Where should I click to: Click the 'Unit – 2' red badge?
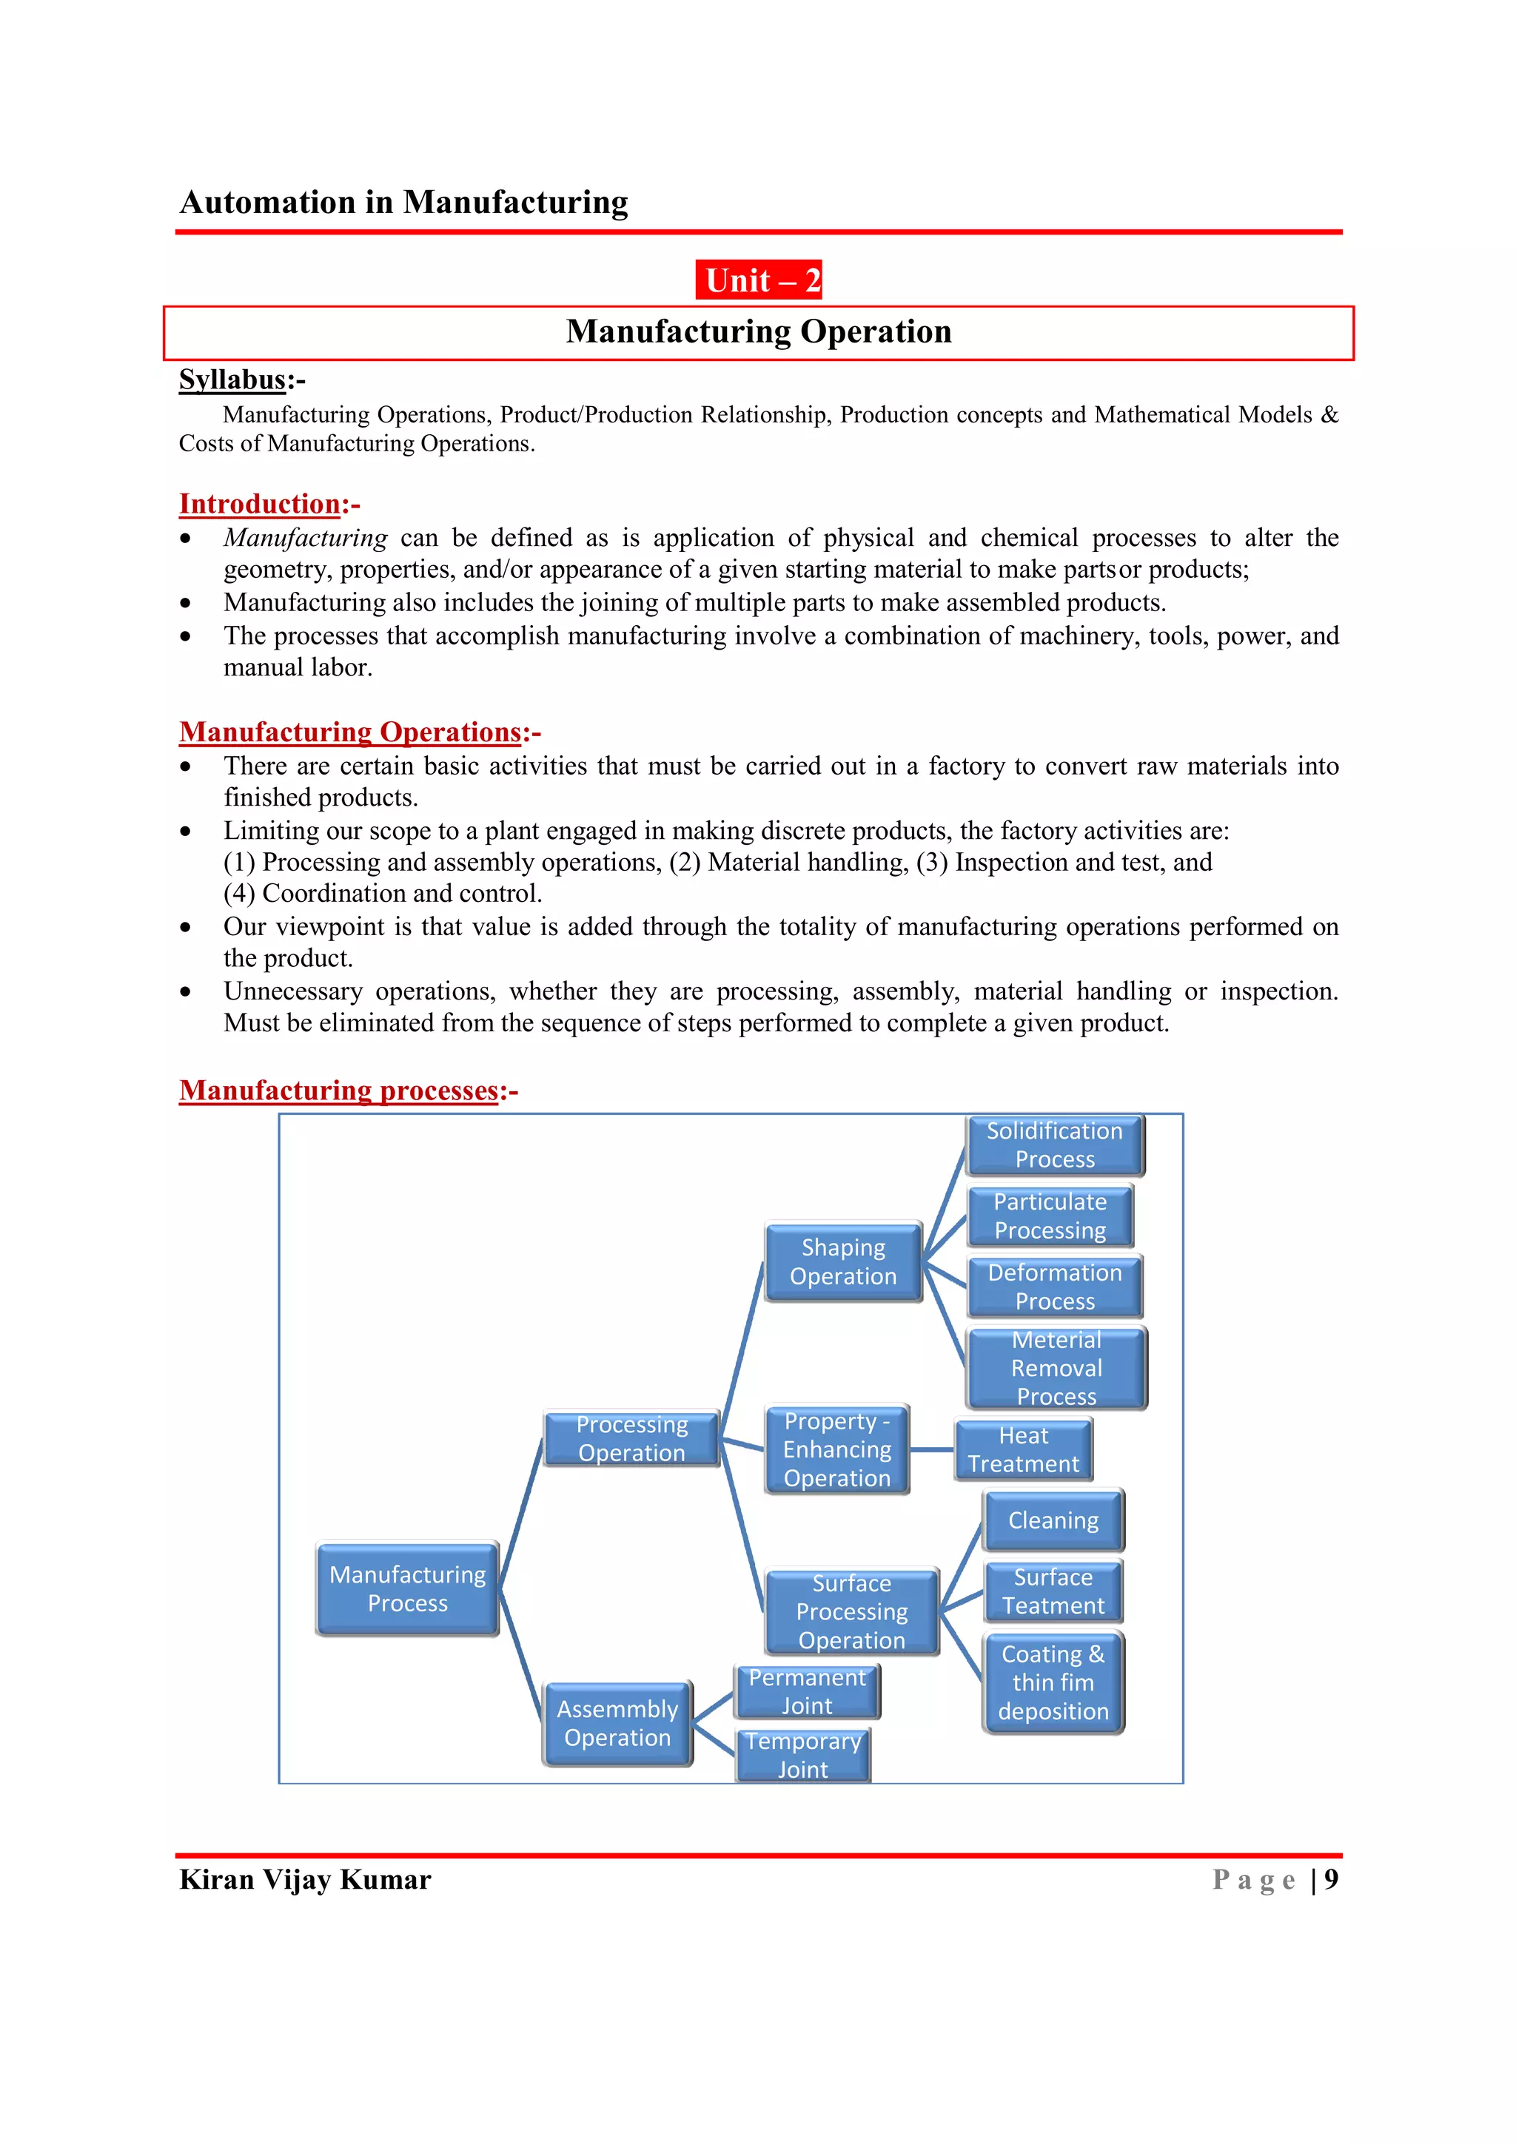(759, 280)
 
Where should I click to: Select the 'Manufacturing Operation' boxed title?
(759, 332)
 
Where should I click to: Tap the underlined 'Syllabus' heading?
(232, 380)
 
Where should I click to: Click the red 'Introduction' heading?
(260, 505)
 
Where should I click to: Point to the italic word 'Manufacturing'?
(306, 538)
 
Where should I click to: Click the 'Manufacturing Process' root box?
(407, 1588)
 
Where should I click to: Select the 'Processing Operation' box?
(631, 1439)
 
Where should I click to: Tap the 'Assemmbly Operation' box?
(617, 1724)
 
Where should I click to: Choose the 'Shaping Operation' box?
(843, 1261)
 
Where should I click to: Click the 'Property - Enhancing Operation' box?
(837, 1449)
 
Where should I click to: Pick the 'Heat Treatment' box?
(1023, 1449)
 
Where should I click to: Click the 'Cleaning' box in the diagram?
(1053, 1520)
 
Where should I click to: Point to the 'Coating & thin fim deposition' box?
(1053, 1682)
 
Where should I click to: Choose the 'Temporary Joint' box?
(803, 1756)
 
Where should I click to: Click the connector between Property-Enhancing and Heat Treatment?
(931, 1450)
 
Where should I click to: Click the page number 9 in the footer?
(1331, 1880)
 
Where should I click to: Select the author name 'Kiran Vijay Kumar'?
(306, 1880)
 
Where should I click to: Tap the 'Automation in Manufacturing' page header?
(403, 203)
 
